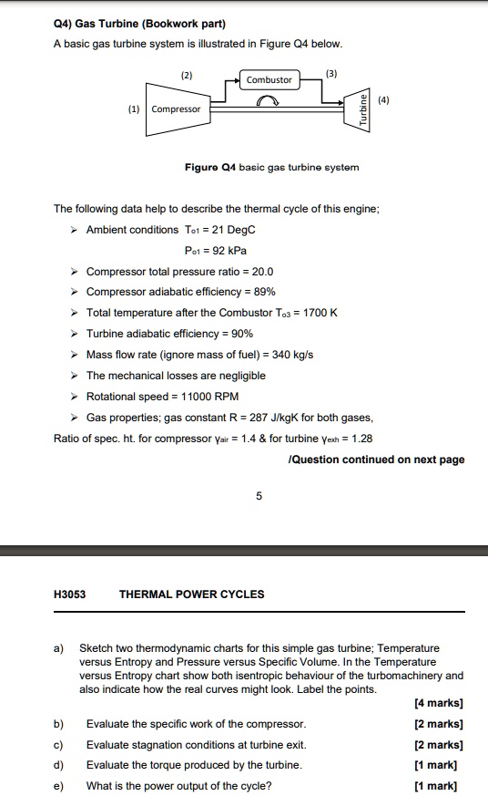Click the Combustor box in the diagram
pyautogui.click(x=269, y=79)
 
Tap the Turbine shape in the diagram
pyautogui.click(x=362, y=109)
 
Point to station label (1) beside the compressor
pyautogui.click(x=134, y=109)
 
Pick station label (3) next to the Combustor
pyautogui.click(x=331, y=73)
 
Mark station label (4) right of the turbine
pyautogui.click(x=385, y=100)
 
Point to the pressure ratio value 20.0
pyautogui.click(x=260, y=272)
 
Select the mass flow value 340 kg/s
pyautogui.click(x=292, y=355)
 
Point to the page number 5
pyautogui.click(x=259, y=497)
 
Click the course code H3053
pyautogui.click(x=70, y=594)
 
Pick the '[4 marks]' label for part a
pyautogui.click(x=439, y=703)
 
